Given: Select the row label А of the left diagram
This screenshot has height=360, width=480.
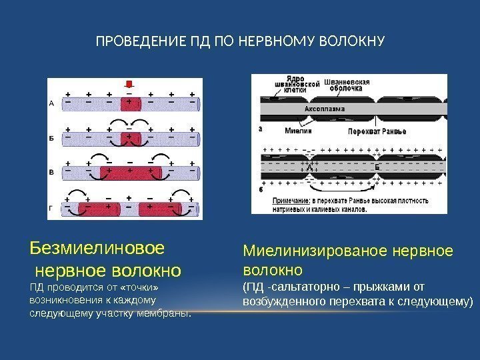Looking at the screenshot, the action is tap(52, 103).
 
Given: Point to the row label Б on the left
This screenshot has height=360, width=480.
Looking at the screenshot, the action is tap(52, 138).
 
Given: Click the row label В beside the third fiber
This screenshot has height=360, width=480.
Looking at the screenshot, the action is tap(52, 173).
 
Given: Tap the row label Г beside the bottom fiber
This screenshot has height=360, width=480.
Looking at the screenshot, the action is tap(52, 209).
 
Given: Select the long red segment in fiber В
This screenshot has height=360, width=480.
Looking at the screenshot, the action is tap(130, 173).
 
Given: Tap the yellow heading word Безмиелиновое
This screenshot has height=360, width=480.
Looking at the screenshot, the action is tap(97, 249).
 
